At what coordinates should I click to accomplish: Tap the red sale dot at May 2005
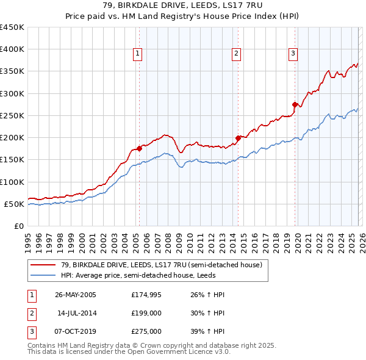point(140,148)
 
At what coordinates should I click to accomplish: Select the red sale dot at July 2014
point(238,138)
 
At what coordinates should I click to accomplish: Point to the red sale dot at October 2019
point(295,104)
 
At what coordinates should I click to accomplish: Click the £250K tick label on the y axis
point(12,115)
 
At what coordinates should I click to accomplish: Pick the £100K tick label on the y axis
point(12,182)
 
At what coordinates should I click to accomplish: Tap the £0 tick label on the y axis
point(18,226)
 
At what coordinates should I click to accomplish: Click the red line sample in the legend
point(44,265)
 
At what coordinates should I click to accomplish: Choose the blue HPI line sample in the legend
point(44,275)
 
